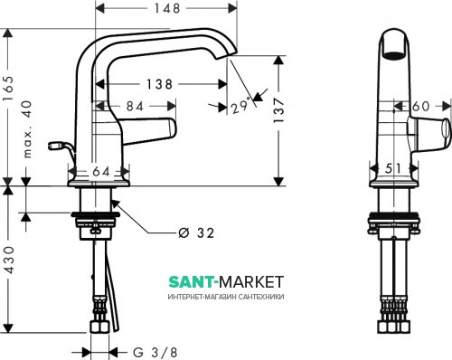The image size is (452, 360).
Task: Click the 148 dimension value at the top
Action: pos(167,8)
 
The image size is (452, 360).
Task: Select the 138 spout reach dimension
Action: pos(159,84)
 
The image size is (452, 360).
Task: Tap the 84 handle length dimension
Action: pos(135,106)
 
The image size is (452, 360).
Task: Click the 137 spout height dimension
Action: pos(278,109)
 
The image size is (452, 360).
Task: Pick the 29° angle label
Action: pos(241,106)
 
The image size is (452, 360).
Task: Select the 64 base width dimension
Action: pos(101,172)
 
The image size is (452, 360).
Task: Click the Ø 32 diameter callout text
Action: pos(196,233)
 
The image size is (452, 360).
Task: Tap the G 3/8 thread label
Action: pos(155,352)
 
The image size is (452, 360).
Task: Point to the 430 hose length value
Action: pos(9,260)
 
